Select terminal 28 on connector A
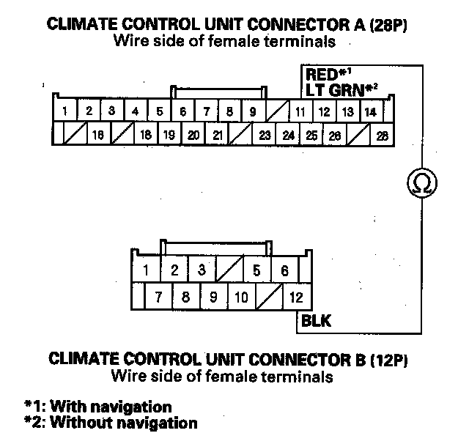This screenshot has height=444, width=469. coord(382,135)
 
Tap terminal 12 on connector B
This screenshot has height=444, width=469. coord(296,297)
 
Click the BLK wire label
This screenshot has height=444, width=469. coord(316,321)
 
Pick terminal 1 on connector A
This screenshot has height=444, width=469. coord(65,112)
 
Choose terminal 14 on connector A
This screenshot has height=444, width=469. coord(370,112)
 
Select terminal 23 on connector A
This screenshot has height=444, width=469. coord(265,135)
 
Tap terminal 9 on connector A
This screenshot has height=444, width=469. coord(252,112)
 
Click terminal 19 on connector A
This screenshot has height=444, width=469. coord(169,135)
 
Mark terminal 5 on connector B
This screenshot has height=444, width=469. coord(256,270)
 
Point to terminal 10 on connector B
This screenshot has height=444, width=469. coord(243,297)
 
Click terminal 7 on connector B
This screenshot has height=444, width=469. coord(158,297)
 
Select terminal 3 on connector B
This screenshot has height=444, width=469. coord(202,270)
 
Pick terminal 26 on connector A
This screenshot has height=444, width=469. coord(335,135)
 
